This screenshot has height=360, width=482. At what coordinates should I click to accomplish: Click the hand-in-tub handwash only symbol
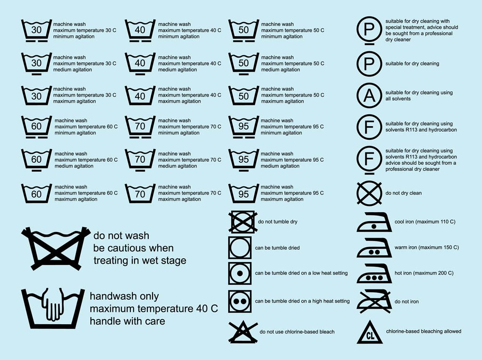point(49,309)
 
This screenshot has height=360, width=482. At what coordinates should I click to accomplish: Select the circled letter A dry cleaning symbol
point(370,96)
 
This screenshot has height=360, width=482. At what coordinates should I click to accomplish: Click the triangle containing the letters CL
point(370,332)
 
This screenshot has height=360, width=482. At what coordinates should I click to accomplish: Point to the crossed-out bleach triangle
point(243,331)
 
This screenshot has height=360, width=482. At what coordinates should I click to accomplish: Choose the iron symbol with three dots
point(374,274)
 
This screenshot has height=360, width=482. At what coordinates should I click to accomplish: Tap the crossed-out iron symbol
point(374,302)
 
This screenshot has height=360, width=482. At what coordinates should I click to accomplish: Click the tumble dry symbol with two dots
point(242,301)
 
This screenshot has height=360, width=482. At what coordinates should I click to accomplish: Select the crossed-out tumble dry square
point(242,222)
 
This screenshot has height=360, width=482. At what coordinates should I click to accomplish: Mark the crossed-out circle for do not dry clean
point(370,193)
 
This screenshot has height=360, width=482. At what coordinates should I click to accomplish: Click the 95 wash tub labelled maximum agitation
point(243,193)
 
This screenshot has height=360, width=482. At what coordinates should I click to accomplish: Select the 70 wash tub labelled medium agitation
point(140,160)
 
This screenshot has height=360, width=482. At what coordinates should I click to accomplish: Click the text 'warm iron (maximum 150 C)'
point(426,248)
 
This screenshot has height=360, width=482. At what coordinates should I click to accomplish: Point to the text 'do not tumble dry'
point(278,222)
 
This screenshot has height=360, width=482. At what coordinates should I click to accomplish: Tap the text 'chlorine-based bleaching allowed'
point(423,331)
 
